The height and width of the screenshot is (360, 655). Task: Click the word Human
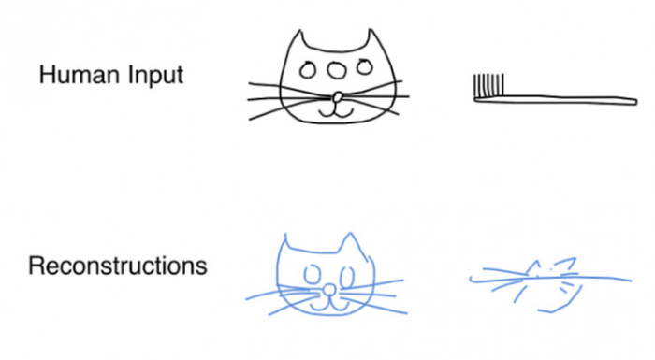[x=79, y=75]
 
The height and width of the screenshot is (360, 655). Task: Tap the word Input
[x=155, y=75]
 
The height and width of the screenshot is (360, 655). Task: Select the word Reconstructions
[x=117, y=266]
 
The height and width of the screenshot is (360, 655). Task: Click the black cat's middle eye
[x=336, y=70]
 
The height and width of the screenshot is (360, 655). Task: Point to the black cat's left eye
[x=307, y=70]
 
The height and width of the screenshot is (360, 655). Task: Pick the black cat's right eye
[x=364, y=66]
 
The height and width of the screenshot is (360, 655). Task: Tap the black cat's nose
[x=338, y=97]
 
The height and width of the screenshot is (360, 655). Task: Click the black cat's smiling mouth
[x=336, y=113]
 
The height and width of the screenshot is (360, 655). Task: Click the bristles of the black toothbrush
[x=488, y=85]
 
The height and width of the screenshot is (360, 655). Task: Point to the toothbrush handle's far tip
[x=636, y=102]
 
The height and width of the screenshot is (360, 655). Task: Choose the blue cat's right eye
[x=347, y=277]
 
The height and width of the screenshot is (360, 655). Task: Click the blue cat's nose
[x=330, y=290]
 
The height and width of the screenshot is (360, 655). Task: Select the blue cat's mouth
[x=329, y=306]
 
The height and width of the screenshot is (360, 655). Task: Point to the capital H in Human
[x=47, y=75]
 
